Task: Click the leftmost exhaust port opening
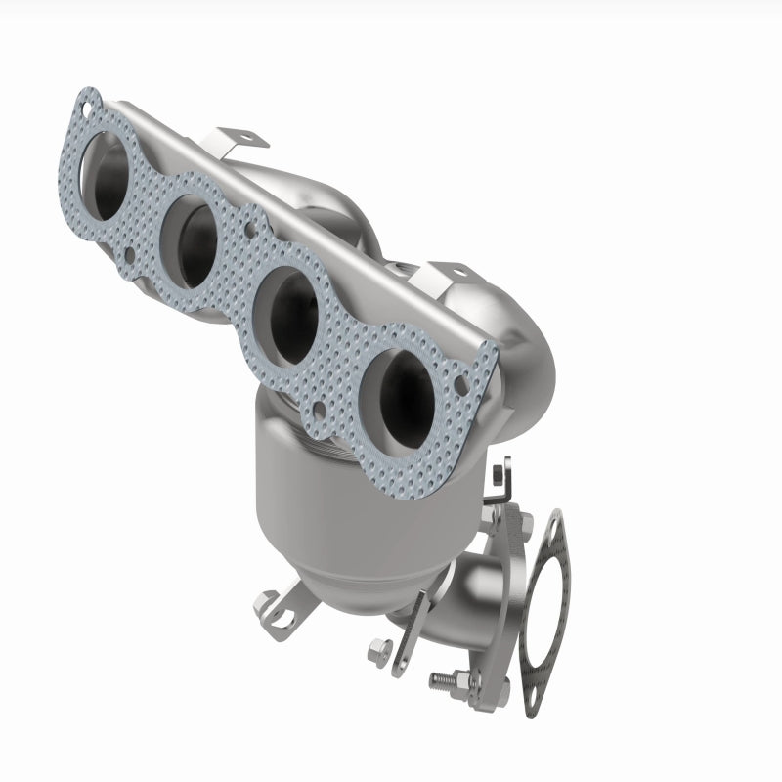pyautogui.click(x=109, y=175)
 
